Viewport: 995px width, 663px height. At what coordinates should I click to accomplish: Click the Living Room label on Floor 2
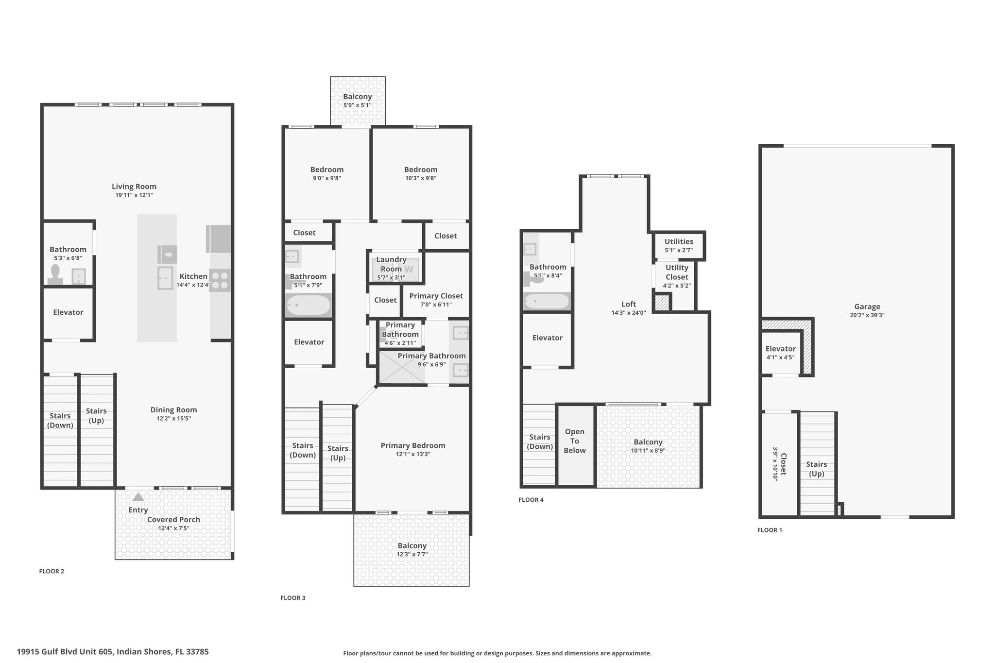click(134, 187)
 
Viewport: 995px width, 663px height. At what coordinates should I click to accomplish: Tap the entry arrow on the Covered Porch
click(138, 497)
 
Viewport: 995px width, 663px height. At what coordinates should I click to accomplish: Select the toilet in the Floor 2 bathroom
click(55, 274)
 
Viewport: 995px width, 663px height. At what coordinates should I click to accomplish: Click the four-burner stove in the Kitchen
click(220, 280)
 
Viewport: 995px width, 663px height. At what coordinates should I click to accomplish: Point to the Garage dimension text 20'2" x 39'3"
click(867, 315)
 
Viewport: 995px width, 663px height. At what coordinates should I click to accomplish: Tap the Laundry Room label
click(391, 264)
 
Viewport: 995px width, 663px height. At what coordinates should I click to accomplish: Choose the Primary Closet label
click(436, 296)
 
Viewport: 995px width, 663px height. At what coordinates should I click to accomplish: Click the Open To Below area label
click(575, 441)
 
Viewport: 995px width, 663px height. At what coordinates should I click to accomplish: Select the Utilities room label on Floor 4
click(679, 241)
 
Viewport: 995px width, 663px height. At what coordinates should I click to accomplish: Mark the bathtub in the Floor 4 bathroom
click(547, 302)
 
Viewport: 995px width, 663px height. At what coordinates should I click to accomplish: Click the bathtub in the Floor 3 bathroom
click(309, 306)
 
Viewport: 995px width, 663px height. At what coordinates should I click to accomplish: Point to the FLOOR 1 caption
click(770, 530)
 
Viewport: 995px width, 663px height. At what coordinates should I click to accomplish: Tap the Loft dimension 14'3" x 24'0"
click(629, 313)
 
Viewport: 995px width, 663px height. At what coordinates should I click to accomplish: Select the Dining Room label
click(173, 410)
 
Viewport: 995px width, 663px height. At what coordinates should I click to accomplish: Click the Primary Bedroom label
click(413, 445)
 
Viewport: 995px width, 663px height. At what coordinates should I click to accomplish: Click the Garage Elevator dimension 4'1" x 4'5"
click(780, 357)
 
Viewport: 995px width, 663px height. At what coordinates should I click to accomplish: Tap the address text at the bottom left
click(113, 652)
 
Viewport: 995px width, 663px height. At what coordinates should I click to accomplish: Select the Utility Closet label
click(677, 272)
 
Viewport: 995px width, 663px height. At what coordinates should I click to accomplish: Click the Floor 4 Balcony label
click(648, 442)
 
